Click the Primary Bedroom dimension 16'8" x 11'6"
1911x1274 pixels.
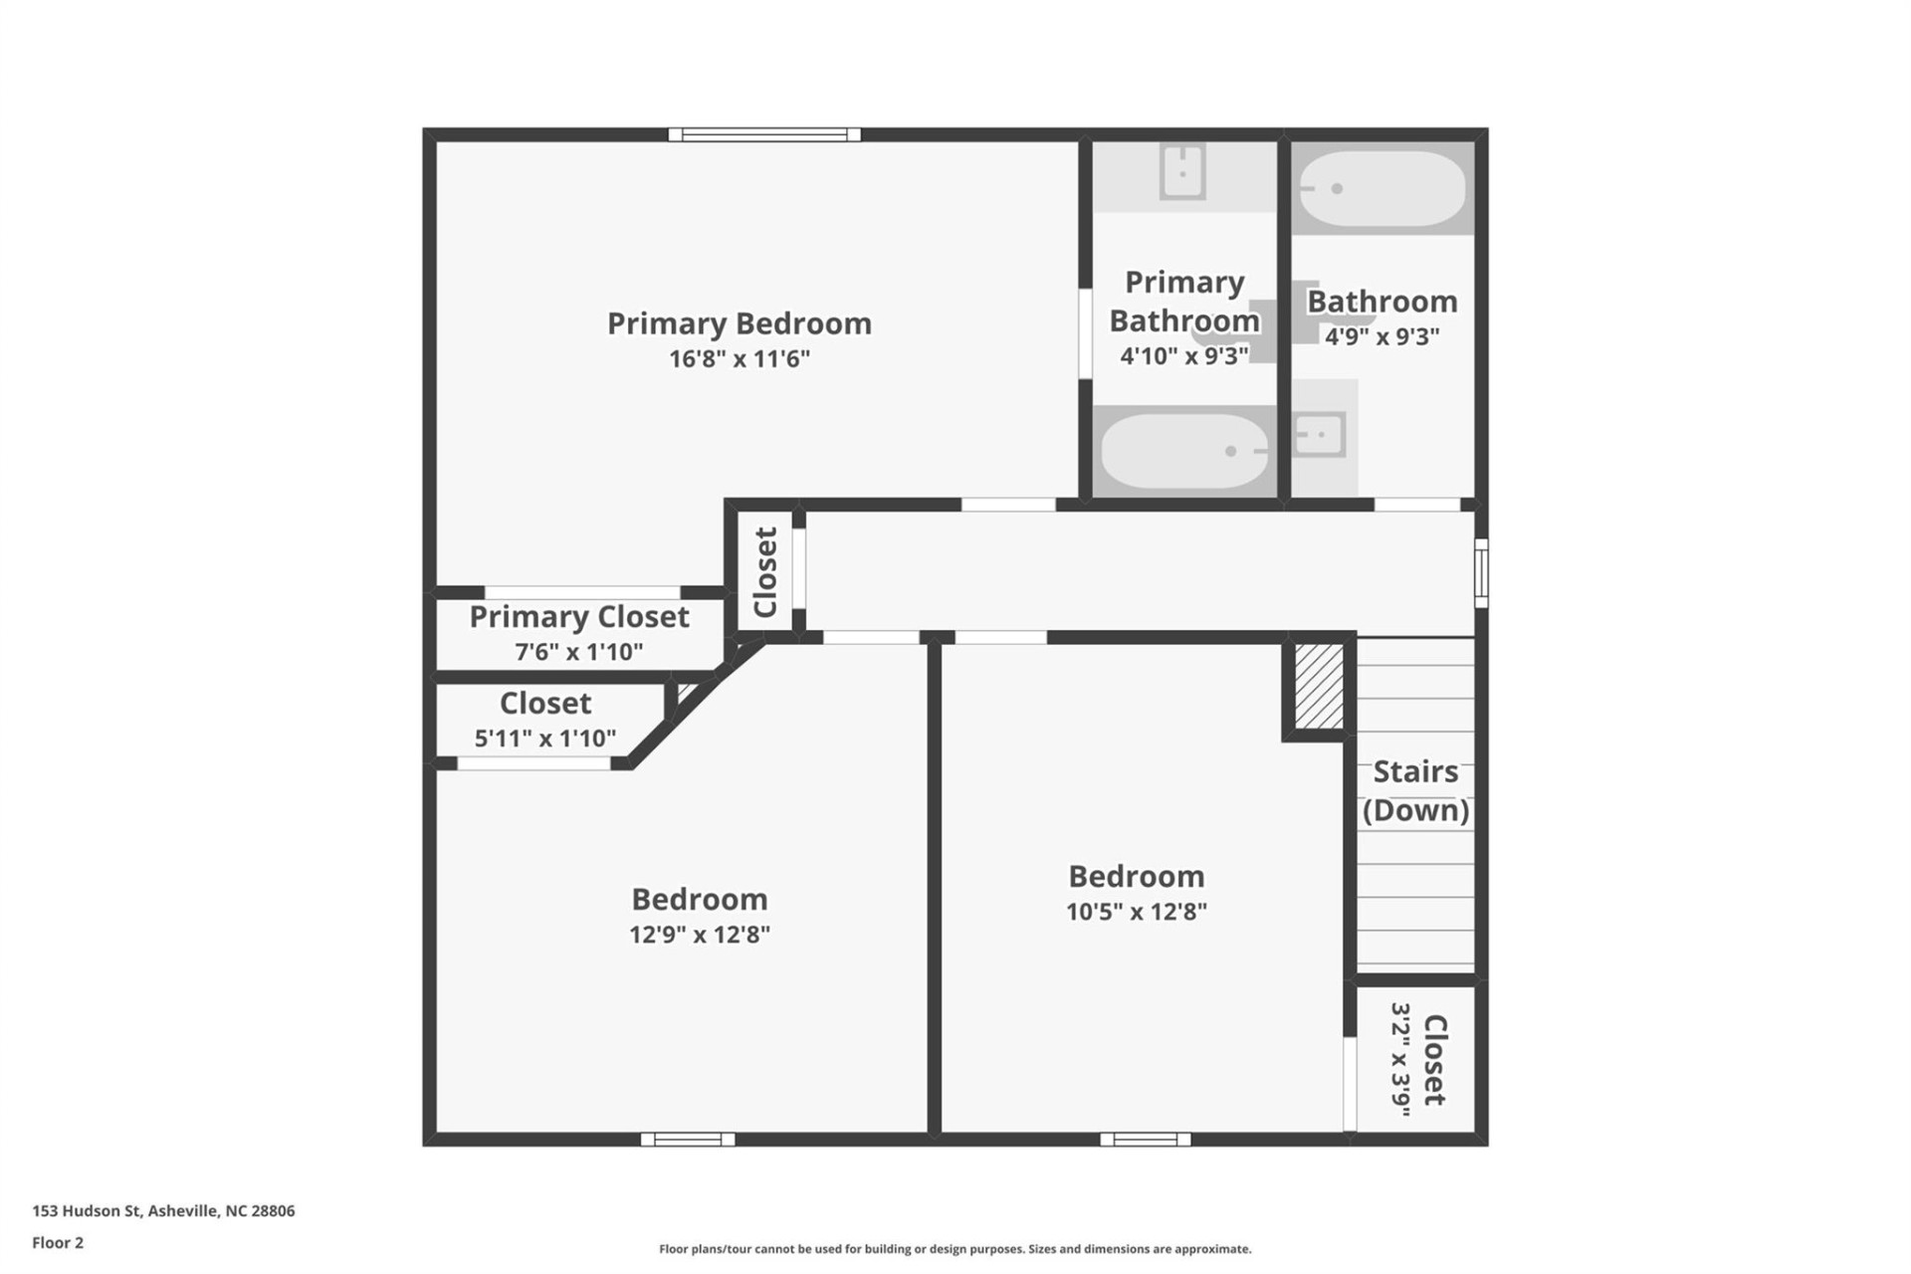(x=739, y=358)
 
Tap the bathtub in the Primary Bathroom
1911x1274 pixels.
(x=1184, y=451)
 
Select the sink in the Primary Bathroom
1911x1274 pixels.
(x=1182, y=172)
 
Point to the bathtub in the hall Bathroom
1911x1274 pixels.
(x=1381, y=188)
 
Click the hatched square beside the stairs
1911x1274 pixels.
(x=1319, y=687)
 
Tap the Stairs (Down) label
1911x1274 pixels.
(x=1415, y=790)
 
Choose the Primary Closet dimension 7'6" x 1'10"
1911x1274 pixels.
(x=578, y=652)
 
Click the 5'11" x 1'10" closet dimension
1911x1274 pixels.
(x=544, y=739)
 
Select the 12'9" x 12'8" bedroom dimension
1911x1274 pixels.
(x=699, y=935)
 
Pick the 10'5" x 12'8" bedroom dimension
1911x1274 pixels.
(x=1136, y=912)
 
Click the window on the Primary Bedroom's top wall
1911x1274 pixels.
(x=763, y=134)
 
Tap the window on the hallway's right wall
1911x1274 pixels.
(x=1481, y=572)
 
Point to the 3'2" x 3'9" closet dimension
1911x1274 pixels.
(x=1400, y=1059)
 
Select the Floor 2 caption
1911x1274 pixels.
(x=58, y=1243)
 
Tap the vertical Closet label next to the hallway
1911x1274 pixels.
(x=764, y=572)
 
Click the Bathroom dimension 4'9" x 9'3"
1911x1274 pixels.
(x=1381, y=336)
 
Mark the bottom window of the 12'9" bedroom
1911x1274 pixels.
(x=688, y=1140)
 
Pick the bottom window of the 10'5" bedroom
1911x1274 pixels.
(x=1145, y=1140)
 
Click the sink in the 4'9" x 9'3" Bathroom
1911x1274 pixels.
(x=1319, y=435)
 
